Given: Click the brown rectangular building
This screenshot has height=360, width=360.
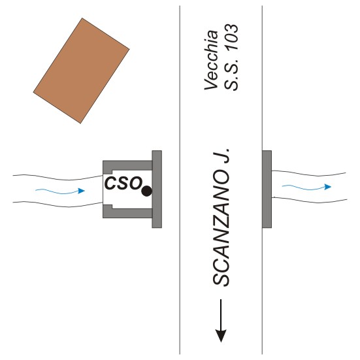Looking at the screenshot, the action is coord(81,71).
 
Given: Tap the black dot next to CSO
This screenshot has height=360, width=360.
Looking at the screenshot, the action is coord(146,191).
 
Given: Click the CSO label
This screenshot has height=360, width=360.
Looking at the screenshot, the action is coord(123,183).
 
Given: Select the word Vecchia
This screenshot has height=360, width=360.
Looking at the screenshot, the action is coord(211,60).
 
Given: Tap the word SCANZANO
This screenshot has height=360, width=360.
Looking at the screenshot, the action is coord(221,229).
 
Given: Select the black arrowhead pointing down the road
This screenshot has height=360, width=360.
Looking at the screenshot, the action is coord(221,336).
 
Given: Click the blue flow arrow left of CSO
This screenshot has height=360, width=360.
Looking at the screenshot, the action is coord(60,191).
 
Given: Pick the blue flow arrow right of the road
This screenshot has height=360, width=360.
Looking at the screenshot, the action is coord(306,187).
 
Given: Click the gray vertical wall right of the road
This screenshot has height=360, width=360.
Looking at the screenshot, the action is coord(267,189).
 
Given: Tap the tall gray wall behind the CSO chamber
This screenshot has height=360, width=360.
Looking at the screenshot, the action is coord(157,189).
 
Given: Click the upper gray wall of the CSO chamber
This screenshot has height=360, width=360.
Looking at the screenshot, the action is coord(127,166).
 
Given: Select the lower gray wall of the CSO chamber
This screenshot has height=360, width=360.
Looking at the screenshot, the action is coord(127,213).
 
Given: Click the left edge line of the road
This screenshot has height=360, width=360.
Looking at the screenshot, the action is coord(180,180).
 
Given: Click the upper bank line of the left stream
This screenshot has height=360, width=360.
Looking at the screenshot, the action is coord(57,178).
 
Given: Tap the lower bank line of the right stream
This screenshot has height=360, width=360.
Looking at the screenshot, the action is coord(310,201).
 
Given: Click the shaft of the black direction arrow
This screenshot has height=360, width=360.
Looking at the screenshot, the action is coord(221,314).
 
